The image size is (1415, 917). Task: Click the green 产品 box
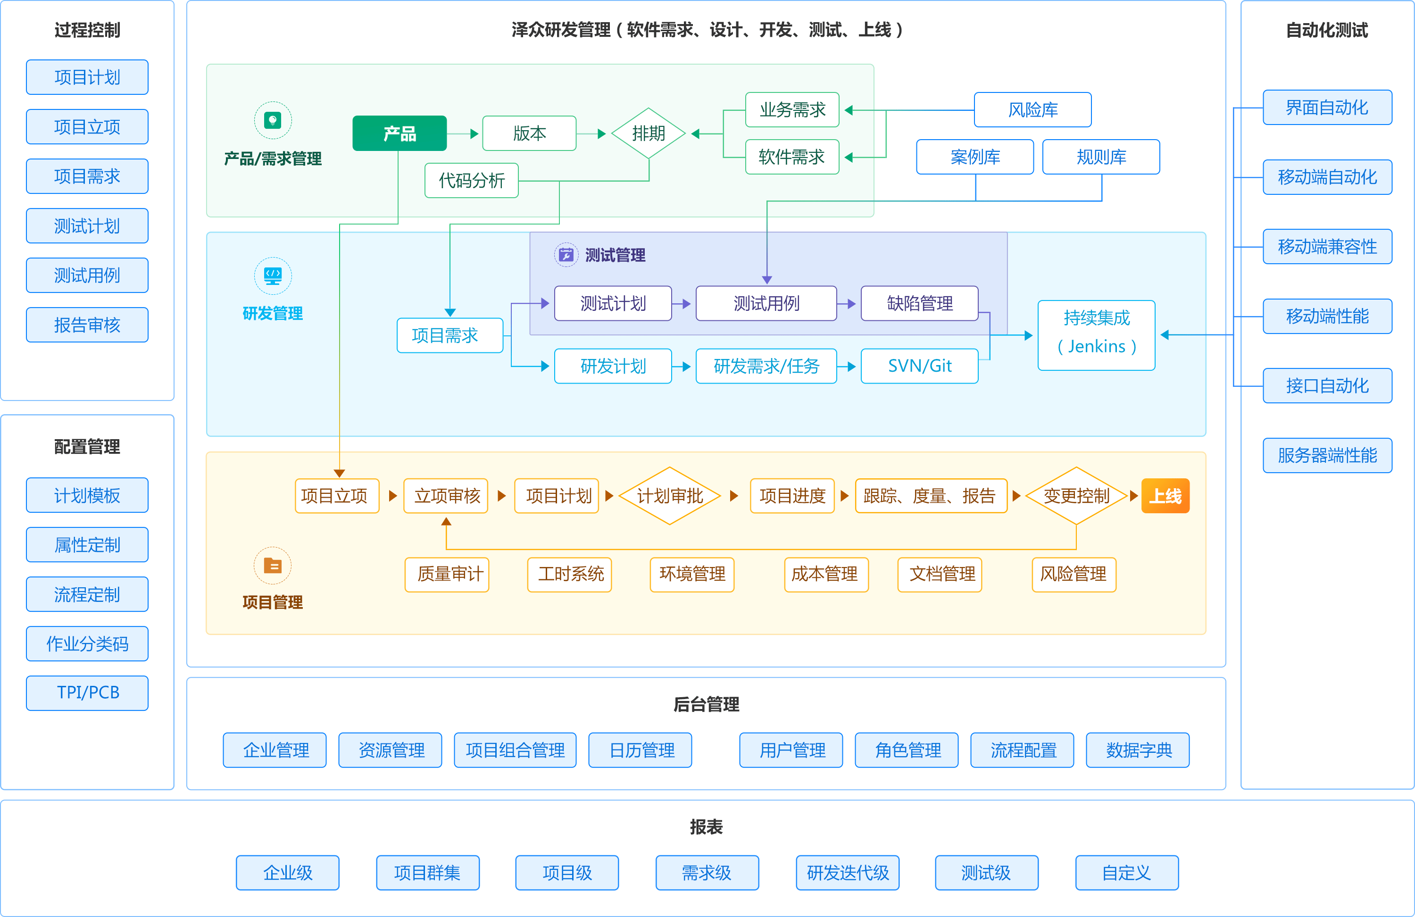pos(399,133)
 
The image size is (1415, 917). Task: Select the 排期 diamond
pos(648,133)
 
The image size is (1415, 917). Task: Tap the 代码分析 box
pos(472,180)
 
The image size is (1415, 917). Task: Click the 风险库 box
pos(1032,110)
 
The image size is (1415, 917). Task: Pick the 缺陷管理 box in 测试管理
pos(919,303)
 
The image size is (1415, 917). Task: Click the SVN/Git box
pos(919,366)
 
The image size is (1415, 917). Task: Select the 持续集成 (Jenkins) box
pos(1096,335)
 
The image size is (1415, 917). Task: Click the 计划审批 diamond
pos(669,495)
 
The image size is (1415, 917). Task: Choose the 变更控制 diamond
pos(1076,495)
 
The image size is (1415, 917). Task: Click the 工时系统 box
pos(570,574)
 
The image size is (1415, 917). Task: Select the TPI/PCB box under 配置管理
pos(87,693)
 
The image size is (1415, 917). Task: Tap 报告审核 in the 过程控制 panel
pos(87,325)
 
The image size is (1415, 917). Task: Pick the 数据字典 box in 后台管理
pos(1138,750)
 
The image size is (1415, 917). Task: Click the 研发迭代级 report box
pos(847,872)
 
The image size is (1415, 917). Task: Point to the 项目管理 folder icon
pos(272,566)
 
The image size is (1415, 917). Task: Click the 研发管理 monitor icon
pos(272,275)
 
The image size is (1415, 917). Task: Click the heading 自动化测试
pos(1326,30)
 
